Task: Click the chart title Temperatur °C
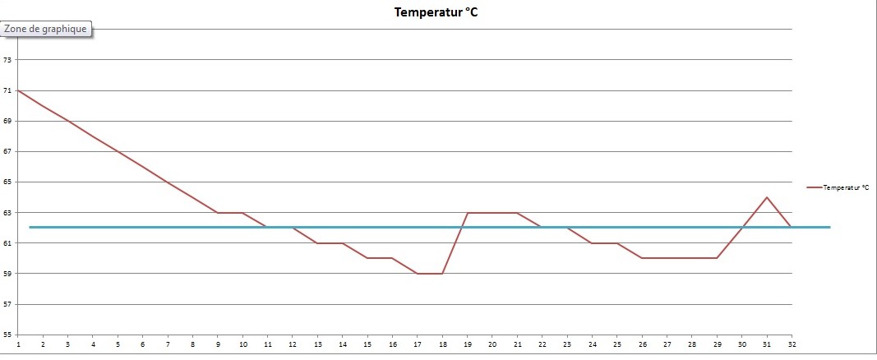pos(435,12)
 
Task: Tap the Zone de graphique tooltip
pos(45,29)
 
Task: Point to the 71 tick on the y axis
pos(7,90)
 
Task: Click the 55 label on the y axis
pos(7,335)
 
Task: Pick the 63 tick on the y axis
pos(7,213)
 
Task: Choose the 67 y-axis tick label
pos(7,152)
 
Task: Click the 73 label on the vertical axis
pos(7,60)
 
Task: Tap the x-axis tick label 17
pos(418,344)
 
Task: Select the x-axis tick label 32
pos(792,344)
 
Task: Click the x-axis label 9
pos(218,344)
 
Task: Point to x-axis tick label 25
pos(616,344)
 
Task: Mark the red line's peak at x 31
pos(766,197)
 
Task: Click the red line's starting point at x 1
pos(17,90)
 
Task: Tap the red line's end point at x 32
pos(792,228)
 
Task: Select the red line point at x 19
pos(467,213)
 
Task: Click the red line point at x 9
pos(218,213)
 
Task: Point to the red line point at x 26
pos(642,258)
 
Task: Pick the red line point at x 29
pos(717,258)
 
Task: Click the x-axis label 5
pos(118,344)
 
